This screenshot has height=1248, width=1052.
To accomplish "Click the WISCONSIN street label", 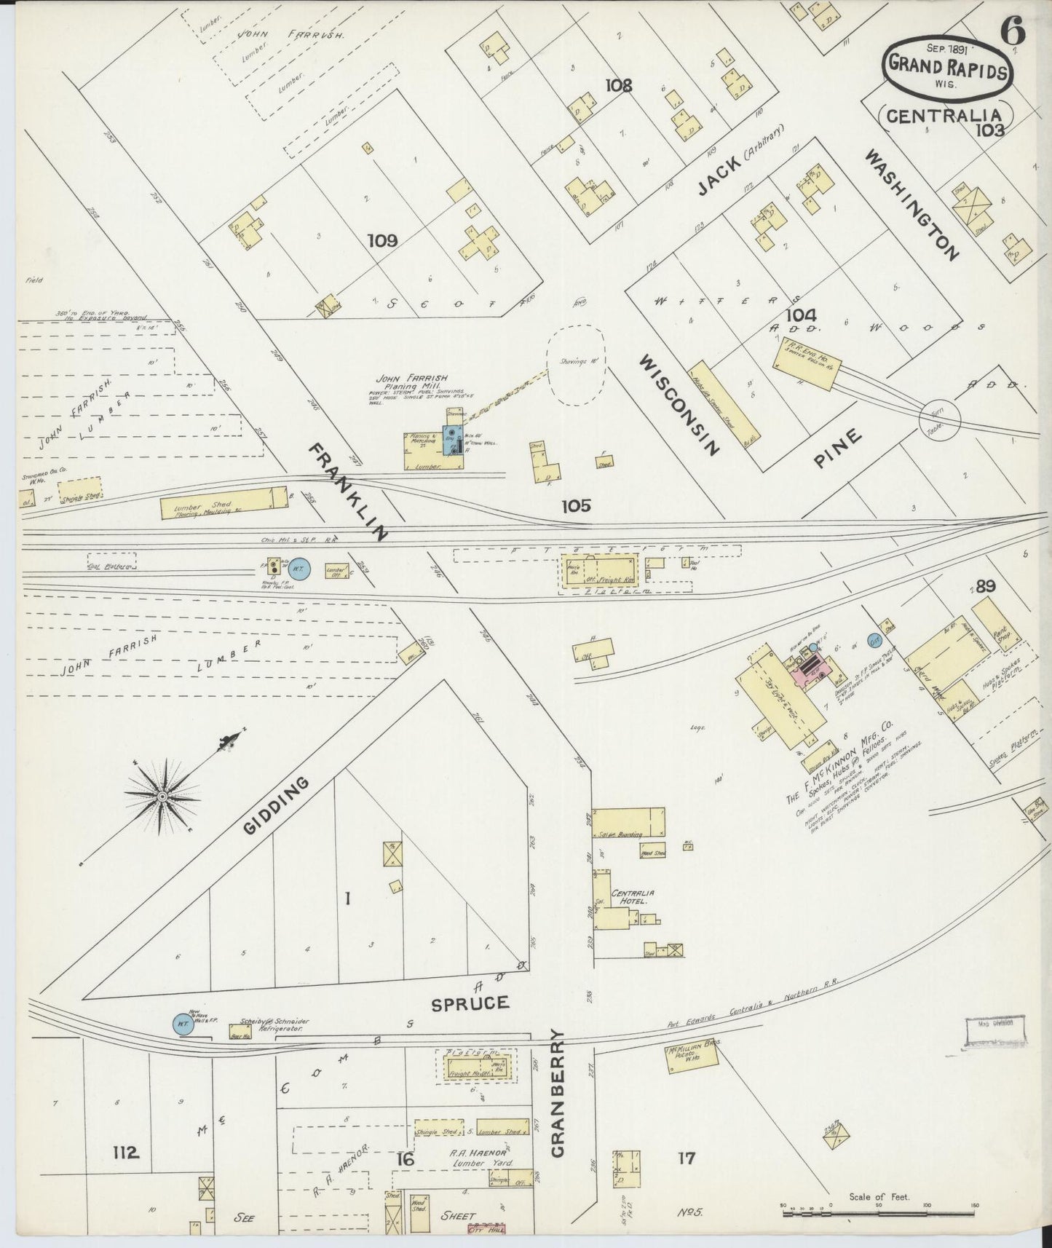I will tap(680, 404).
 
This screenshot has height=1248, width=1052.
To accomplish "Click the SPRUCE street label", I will tap(470, 1003).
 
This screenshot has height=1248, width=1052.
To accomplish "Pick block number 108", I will tap(618, 85).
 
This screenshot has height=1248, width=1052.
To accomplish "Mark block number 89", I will tap(986, 586).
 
